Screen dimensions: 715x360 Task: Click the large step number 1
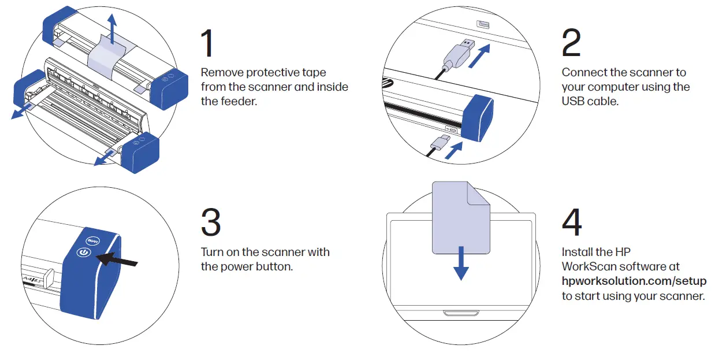[208, 43]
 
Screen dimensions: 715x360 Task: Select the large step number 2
[571, 43]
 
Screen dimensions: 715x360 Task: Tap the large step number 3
[211, 222]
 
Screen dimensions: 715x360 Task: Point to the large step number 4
[572, 222]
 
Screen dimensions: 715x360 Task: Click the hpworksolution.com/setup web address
[634, 281]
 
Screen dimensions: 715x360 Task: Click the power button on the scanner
[84, 253]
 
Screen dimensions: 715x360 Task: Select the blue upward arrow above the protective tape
[111, 29]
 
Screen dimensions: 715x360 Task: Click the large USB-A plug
[459, 53]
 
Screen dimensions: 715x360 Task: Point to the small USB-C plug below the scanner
[440, 143]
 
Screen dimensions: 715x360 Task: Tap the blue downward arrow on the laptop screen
[461, 263]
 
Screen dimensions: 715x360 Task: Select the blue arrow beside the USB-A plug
[479, 56]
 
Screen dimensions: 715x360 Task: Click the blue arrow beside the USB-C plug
[453, 150]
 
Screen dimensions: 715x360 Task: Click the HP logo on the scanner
[387, 84]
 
